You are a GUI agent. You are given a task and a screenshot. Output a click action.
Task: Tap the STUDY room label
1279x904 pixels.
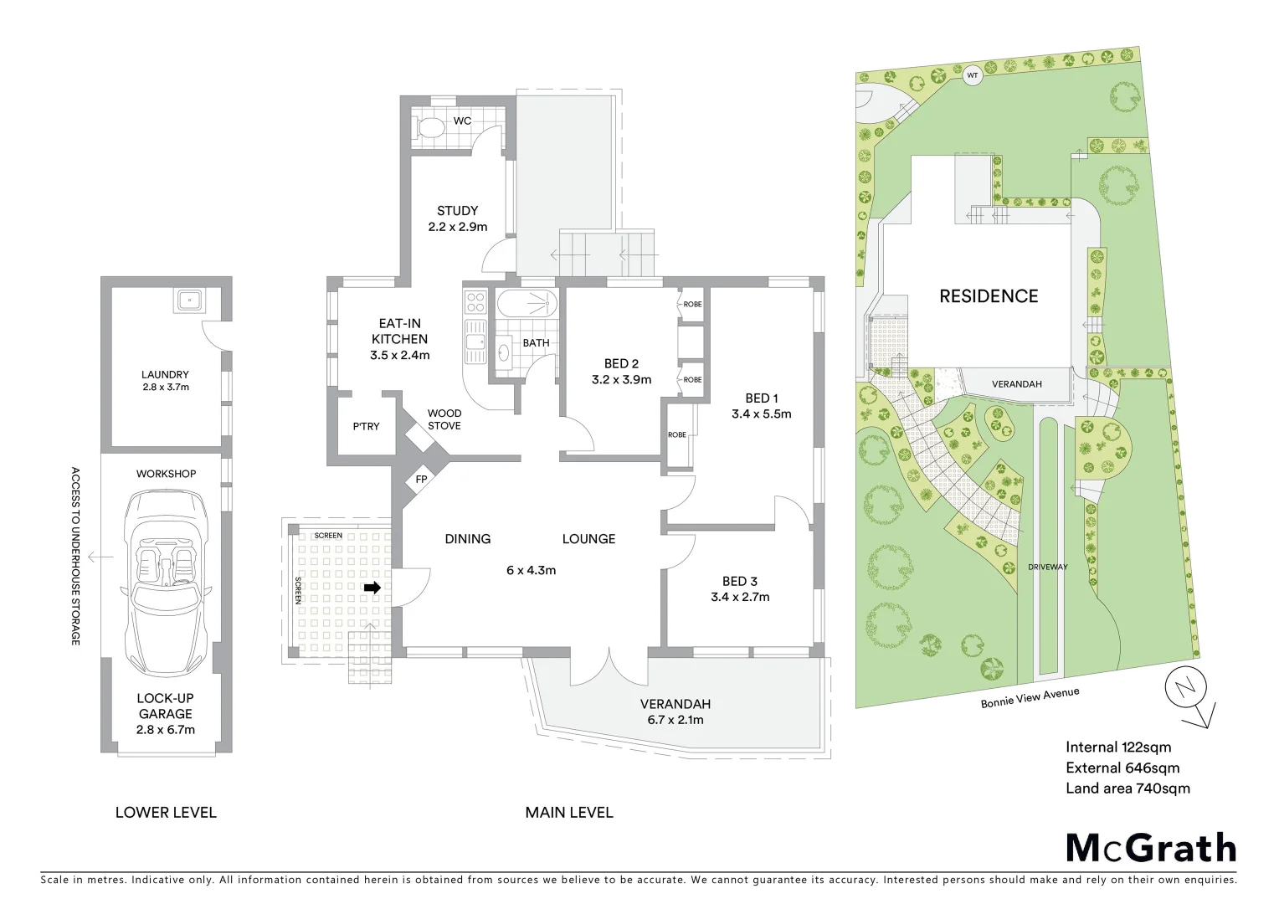click(457, 211)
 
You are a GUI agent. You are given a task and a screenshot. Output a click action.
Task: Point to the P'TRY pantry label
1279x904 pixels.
click(366, 426)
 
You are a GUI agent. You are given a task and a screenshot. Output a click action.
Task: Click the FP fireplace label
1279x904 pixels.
click(421, 480)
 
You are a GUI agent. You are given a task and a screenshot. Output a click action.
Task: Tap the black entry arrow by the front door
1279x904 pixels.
click(372, 588)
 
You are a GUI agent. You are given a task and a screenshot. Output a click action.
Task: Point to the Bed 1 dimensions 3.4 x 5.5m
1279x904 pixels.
click(761, 413)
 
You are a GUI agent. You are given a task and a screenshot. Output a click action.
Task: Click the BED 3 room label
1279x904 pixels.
click(739, 581)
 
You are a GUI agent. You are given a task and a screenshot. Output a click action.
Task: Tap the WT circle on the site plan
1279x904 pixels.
click(972, 75)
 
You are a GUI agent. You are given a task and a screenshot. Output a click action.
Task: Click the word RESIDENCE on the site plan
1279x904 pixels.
click(989, 296)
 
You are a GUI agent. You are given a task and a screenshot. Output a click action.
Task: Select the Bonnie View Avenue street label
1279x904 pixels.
click(1030, 697)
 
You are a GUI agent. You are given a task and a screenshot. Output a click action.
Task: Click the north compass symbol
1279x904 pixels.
click(1187, 691)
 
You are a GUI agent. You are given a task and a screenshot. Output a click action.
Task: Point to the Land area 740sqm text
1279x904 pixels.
click(1127, 788)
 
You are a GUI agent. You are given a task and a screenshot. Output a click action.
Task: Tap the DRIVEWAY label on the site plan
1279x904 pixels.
click(1048, 567)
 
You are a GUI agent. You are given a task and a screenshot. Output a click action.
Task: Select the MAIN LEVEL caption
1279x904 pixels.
click(568, 812)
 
